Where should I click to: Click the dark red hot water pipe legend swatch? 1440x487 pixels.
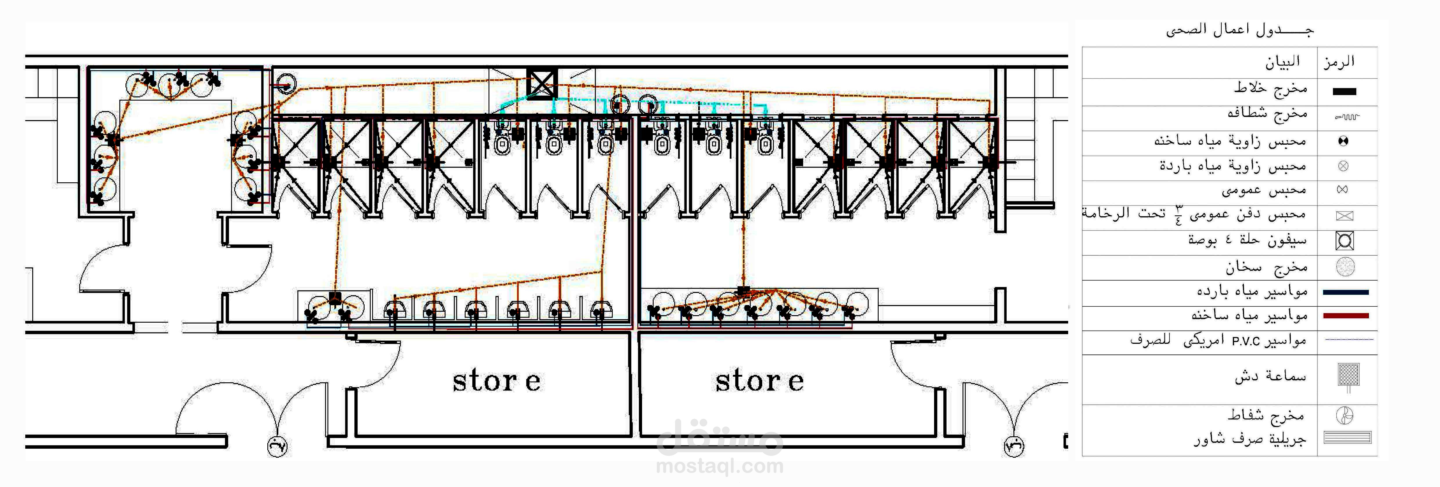[x=1346, y=316]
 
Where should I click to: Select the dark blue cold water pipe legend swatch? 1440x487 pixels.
[x=1346, y=292]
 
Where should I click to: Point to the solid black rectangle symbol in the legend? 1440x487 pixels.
[x=1345, y=92]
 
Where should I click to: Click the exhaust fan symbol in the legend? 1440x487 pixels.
[x=1345, y=415]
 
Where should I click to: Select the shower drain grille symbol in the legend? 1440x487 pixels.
[x=1347, y=438]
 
